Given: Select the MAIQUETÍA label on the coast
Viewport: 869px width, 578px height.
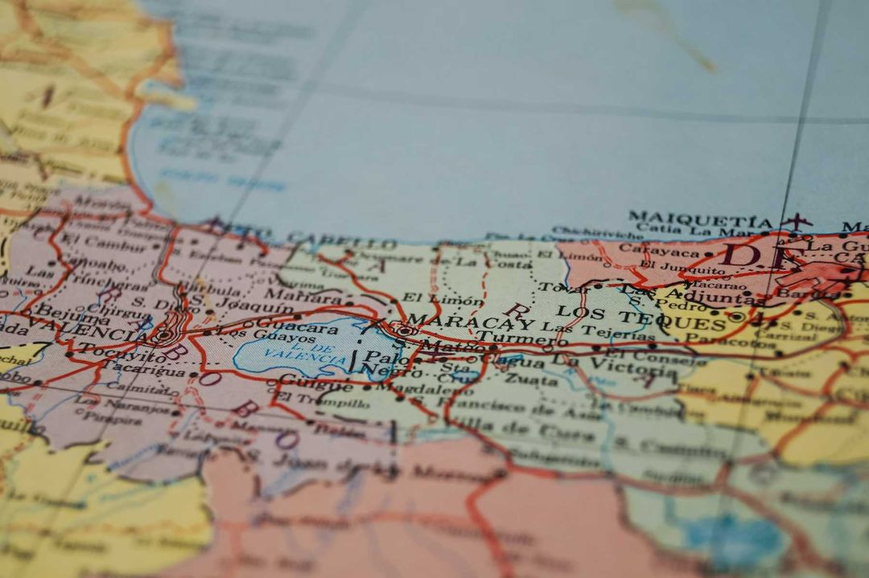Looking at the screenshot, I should [699, 219].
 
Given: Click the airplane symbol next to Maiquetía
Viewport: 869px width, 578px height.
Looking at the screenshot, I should [796, 221].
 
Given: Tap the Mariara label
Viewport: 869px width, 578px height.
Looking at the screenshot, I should [290, 296].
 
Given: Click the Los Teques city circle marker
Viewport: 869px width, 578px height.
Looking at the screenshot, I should [735, 317].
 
